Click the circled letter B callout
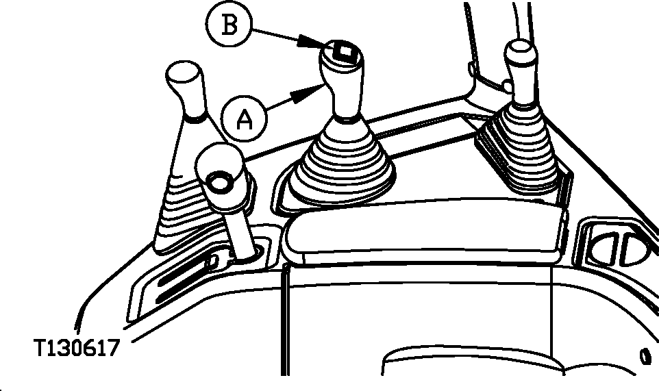(x=229, y=25)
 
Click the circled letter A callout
(x=244, y=118)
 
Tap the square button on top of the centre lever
(x=345, y=51)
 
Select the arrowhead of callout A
(x=308, y=93)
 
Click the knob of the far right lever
(x=521, y=71)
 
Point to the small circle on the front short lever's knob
(x=219, y=183)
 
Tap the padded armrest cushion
(x=425, y=231)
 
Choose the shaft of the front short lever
(x=239, y=232)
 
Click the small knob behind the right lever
(x=508, y=88)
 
